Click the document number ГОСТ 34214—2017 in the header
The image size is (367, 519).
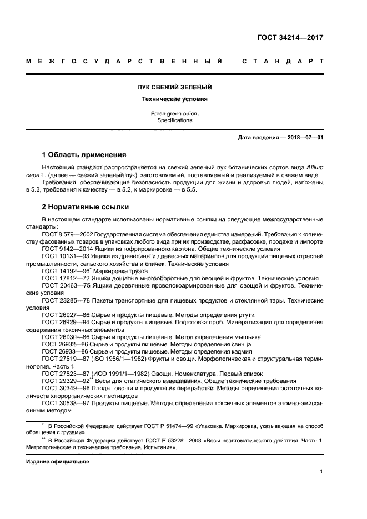coord(290,38)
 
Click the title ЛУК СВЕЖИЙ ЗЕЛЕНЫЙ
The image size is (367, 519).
coord(175,88)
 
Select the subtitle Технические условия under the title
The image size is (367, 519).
coord(175,99)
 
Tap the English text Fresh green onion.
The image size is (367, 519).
coord(174,113)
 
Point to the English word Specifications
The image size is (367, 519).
coord(174,120)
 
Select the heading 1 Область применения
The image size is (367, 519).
coord(84,154)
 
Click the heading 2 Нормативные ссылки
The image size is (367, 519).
coord(86,207)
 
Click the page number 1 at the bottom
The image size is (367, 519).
coord(321,472)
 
